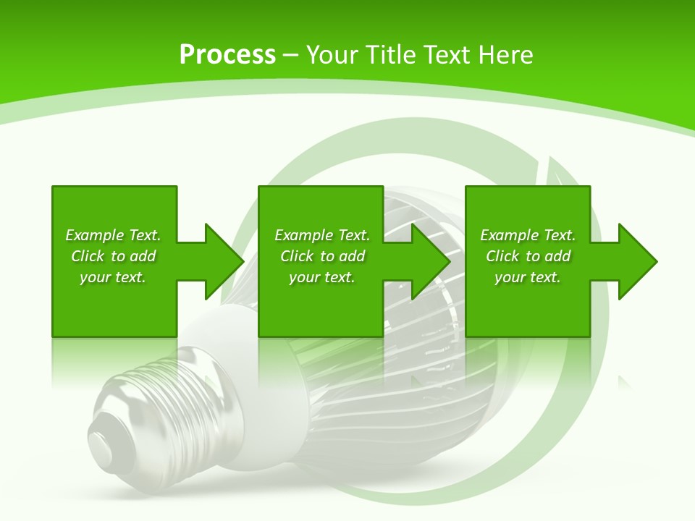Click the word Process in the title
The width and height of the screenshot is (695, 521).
227,55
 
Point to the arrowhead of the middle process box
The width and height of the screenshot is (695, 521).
429,261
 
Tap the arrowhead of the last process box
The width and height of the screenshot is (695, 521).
636,261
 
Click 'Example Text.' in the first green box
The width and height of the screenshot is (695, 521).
113,235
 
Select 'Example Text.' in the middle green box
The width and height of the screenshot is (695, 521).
322,235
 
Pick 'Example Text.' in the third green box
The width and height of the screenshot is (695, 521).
528,235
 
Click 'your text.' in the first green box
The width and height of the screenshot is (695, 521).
113,277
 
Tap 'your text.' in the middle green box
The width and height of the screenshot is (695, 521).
322,277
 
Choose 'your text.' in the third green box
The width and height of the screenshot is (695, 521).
528,277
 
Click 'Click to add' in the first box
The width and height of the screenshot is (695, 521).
113,256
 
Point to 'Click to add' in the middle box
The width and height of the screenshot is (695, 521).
322,256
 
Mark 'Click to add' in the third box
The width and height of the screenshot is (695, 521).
528,256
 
